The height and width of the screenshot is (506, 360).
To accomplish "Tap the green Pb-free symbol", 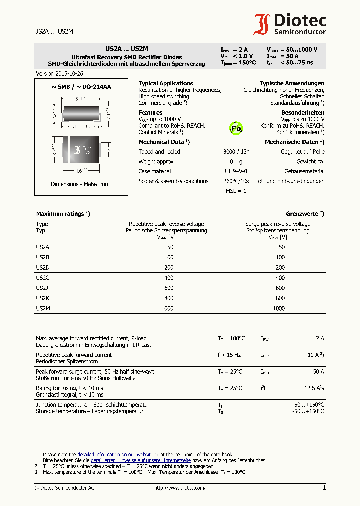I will click(236, 128).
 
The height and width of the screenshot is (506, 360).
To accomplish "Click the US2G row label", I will click(42, 278).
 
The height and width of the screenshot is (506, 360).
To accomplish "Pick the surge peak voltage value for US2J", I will click(280, 288).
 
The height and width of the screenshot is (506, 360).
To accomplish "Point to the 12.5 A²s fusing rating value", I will click(314, 388).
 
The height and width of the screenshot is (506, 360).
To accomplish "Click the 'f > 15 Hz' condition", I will click(229, 355).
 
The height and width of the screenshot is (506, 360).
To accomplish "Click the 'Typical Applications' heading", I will click(166, 83).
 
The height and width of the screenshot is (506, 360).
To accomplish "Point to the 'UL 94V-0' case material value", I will click(236, 171).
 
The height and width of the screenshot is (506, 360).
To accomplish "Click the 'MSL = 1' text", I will click(236, 191).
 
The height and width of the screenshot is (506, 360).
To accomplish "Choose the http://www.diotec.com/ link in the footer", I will click(180, 488).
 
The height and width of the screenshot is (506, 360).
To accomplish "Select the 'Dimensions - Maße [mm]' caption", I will click(81, 184).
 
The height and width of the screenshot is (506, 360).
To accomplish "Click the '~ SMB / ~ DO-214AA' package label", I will click(81, 87).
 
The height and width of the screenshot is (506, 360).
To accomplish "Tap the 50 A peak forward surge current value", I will click(318, 372).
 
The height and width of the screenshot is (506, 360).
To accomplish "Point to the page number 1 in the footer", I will click(324, 487).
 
